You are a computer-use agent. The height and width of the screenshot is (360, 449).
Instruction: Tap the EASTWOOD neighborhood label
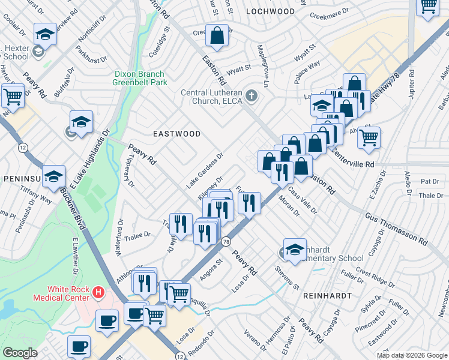176,134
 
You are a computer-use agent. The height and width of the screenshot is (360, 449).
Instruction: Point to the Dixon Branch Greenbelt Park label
140,78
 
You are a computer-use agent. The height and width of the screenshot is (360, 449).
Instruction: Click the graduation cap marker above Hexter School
45,34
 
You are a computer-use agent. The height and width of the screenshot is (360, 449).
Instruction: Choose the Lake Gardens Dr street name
205,170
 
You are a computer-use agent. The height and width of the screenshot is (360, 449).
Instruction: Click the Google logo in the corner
20,353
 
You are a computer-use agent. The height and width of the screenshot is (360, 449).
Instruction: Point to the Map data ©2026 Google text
412,355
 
